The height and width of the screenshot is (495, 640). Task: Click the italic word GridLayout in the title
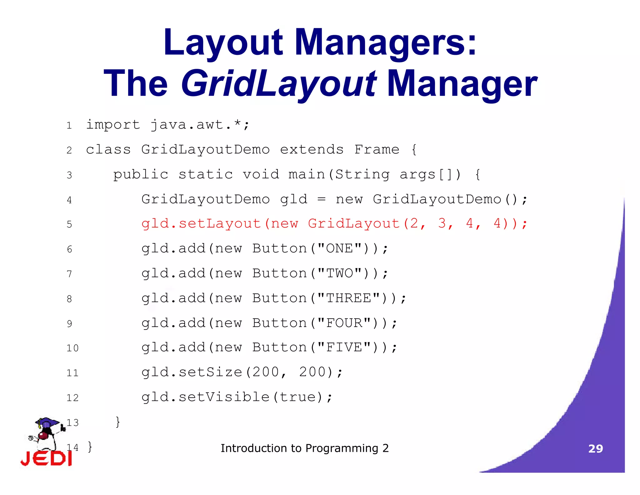(279, 84)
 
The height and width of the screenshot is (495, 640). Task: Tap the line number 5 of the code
(69, 224)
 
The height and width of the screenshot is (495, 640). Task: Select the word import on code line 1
(113, 125)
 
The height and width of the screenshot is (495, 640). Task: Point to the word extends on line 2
(312, 150)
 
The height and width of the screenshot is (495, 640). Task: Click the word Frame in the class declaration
(377, 150)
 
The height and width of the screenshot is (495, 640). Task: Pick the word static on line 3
(205, 174)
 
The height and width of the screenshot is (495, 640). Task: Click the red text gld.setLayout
(201, 224)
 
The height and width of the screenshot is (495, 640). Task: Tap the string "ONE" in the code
(339, 248)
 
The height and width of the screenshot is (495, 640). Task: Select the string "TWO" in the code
(339, 273)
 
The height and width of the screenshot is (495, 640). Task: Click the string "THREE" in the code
(348, 298)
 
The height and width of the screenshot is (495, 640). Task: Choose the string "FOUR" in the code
(344, 323)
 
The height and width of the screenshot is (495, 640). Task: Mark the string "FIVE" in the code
(344, 347)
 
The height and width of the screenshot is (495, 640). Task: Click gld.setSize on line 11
(192, 372)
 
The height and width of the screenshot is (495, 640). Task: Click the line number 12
(72, 398)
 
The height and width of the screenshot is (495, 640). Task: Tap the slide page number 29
(596, 449)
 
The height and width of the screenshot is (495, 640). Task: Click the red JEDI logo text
(46, 458)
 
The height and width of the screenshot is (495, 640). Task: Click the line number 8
(69, 299)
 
